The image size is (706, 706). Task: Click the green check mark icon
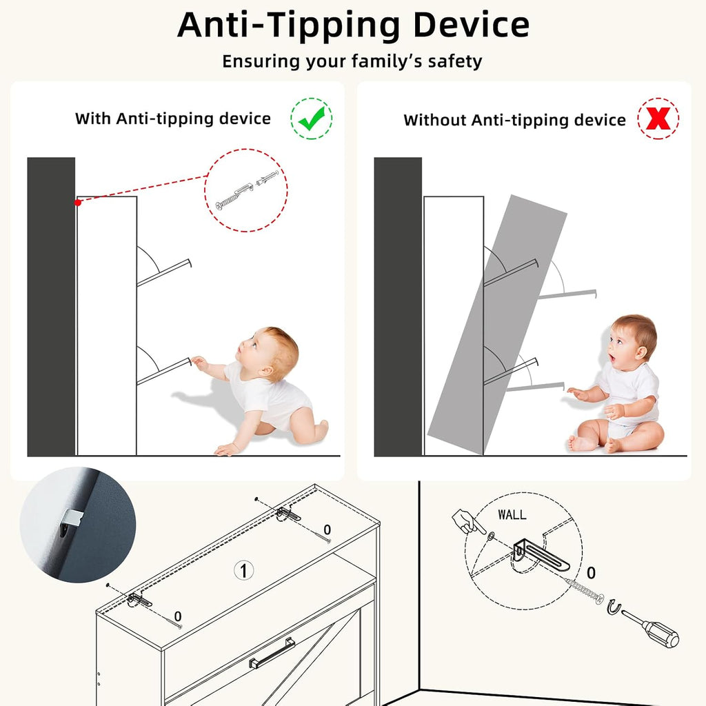click(312, 119)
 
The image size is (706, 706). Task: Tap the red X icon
click(658, 119)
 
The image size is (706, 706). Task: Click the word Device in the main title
click(471, 26)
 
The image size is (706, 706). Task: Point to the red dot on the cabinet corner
click(78, 203)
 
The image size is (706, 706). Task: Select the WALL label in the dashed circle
click(512, 514)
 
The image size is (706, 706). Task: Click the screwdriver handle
click(660, 633)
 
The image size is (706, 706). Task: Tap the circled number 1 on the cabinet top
click(243, 570)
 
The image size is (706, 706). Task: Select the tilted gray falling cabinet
click(497, 324)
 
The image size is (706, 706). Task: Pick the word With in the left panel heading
click(93, 119)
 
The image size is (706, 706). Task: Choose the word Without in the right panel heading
click(434, 120)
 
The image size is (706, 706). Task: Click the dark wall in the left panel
click(51, 307)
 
